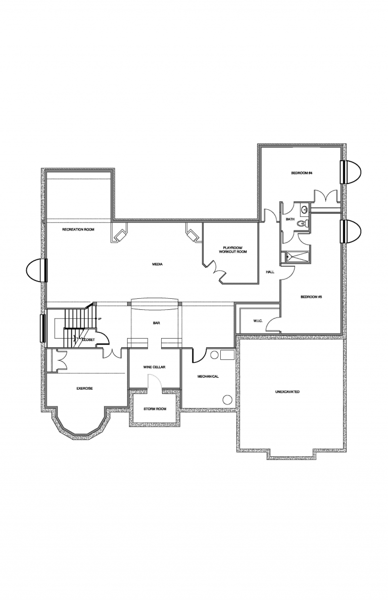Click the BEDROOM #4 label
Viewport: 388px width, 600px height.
coord(302,173)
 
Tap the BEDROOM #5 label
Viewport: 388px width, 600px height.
coord(311,297)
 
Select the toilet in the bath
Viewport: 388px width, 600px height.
coord(302,224)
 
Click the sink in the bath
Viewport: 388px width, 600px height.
coord(305,209)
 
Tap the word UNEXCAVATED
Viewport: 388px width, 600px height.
coord(287,392)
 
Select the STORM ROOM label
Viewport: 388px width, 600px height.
coord(155,408)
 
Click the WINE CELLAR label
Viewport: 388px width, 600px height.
coord(155,367)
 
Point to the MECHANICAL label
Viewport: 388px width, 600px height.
coord(208,377)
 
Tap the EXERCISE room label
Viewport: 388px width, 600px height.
coord(84,388)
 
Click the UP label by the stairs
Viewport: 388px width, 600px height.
coord(100,319)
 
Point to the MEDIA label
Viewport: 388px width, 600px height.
coord(157,264)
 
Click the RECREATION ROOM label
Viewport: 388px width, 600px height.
coord(78,229)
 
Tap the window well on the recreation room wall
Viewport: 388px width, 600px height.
coord(36,270)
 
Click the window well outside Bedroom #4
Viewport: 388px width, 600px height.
coord(352,172)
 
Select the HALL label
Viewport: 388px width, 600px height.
coord(270,272)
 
